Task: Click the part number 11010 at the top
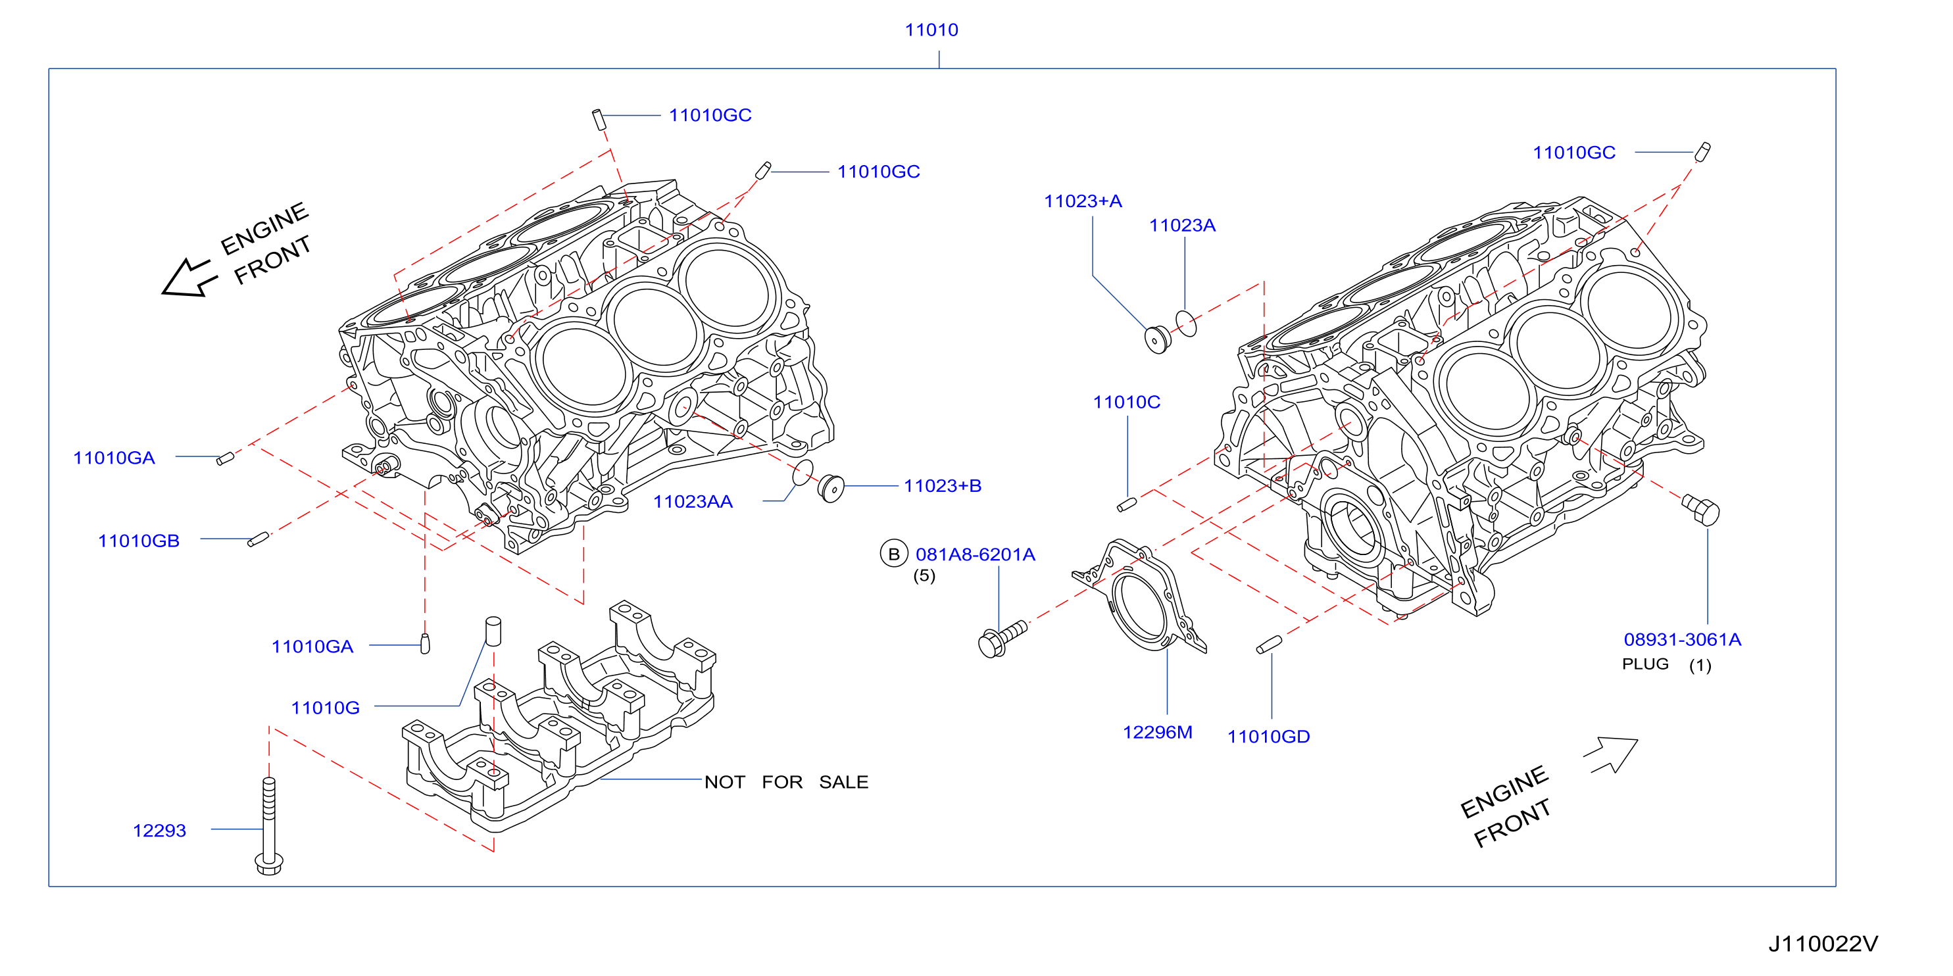coord(931,30)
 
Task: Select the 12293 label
coord(159,831)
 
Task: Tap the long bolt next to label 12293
coord(269,826)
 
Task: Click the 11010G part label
coord(325,708)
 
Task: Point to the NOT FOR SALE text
coord(786,782)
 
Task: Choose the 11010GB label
coord(139,541)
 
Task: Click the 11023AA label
coord(693,502)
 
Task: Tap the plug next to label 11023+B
coord(831,487)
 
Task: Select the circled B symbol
coord(894,554)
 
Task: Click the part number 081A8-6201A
coord(975,554)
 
